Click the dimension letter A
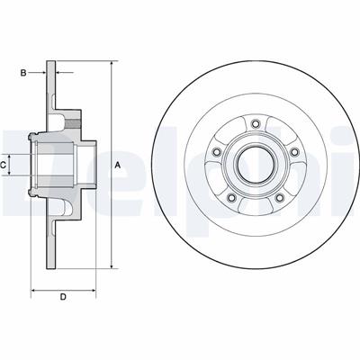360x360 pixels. (x=118, y=165)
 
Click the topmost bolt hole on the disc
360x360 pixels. (x=256, y=124)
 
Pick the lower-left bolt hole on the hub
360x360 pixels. (x=232, y=197)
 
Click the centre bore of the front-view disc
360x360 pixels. (x=256, y=165)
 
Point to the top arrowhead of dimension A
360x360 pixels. (x=112, y=65)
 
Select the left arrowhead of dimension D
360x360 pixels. (x=34, y=290)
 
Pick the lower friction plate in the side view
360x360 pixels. (x=51, y=238)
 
